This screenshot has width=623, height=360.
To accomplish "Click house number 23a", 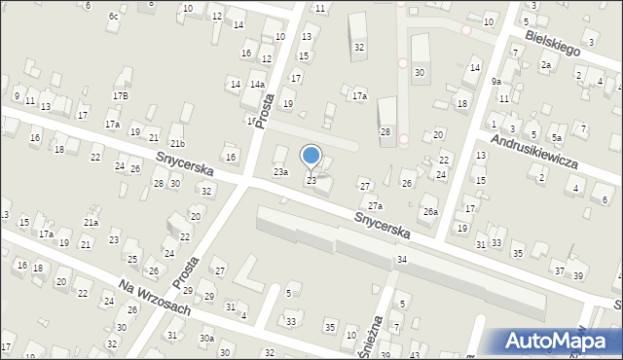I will (280, 172).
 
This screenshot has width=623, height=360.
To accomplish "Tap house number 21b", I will (177, 144).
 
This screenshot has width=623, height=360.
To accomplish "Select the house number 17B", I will (120, 95).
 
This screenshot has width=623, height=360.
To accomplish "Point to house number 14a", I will (257, 85).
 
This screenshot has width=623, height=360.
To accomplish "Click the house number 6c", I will (114, 16).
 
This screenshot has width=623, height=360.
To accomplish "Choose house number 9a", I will (496, 81).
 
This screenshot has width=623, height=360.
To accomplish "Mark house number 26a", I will (429, 211).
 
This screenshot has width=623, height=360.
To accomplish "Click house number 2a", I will (546, 64).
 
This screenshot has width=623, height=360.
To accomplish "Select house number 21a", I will (91, 222).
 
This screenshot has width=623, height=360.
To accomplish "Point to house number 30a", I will (206, 339).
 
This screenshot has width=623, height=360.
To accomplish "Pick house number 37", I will (558, 270).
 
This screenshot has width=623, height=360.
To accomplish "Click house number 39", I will (578, 276).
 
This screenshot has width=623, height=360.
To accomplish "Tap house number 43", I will (414, 356).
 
